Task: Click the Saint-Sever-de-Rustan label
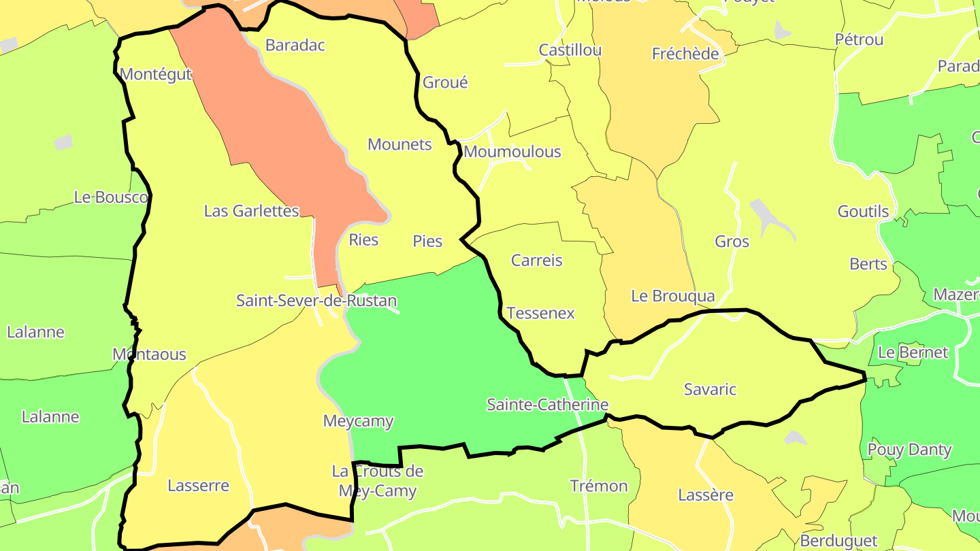point(316,300)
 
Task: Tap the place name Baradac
point(295,46)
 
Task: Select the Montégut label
point(156,74)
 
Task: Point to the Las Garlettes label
point(252,211)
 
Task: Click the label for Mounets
point(399,144)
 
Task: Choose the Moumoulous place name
point(512,152)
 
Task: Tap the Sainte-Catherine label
point(547,405)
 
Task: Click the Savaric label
point(710,389)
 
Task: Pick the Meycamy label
point(358,421)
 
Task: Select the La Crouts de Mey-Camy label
point(377,481)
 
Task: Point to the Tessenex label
point(541,314)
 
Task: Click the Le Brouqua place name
point(673,296)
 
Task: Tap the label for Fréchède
point(685,54)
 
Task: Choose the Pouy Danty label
point(909,450)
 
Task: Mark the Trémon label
point(599,486)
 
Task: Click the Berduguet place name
point(839,541)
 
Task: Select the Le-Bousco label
point(111,197)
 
